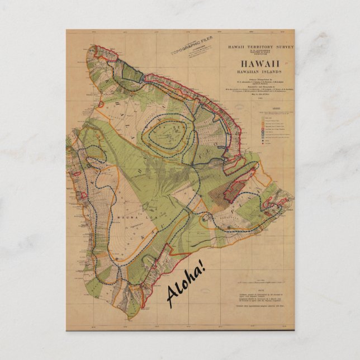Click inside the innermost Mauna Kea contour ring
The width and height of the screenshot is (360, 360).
[x=166, y=135]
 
